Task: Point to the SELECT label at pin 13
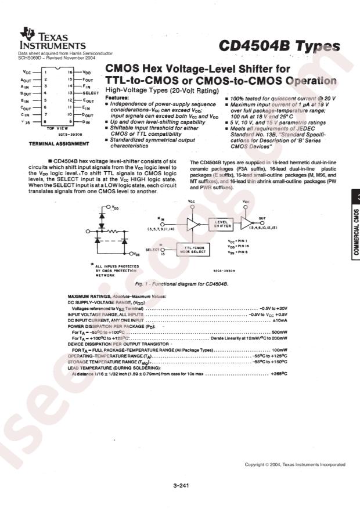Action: click(x=92, y=93)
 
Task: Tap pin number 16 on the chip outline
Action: click(x=70, y=72)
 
